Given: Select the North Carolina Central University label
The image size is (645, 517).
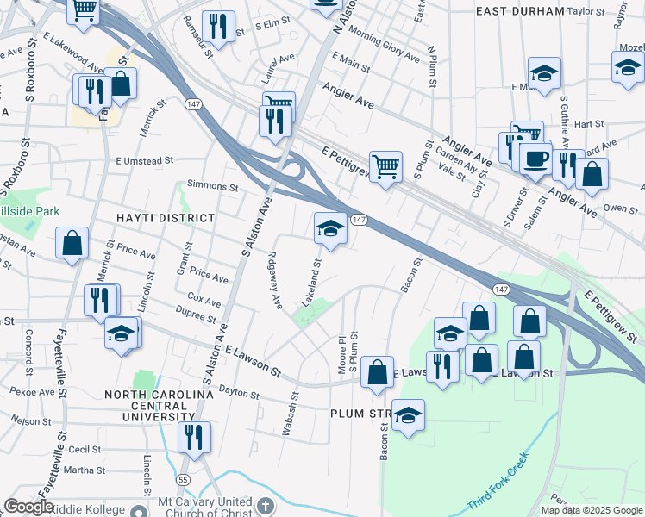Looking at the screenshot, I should (x=158, y=406).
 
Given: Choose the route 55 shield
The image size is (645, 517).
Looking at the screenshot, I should (x=206, y=478).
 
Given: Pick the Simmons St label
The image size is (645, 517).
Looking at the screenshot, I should (x=213, y=186).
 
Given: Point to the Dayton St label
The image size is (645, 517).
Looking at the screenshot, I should (x=239, y=392).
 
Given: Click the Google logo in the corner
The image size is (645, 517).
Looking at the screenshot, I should (x=28, y=507).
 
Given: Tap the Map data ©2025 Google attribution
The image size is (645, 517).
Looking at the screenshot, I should (x=592, y=510).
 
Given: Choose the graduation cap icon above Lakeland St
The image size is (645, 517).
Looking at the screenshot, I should (x=330, y=229).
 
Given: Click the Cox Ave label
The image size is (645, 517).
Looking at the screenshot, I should (x=204, y=302).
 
